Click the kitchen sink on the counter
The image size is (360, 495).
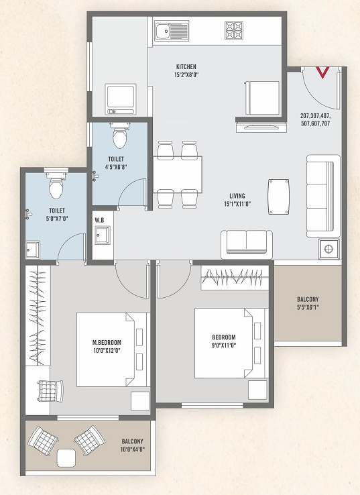pyautogui.click(x=172, y=31)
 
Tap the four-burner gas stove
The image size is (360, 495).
pyautogui.click(x=234, y=30)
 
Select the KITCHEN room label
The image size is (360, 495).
pyautogui.click(x=186, y=67)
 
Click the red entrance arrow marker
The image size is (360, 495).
pyautogui.click(x=322, y=72)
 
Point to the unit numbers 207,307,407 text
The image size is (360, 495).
pyautogui.click(x=316, y=115)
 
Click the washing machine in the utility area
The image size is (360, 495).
pyautogui.click(x=121, y=99)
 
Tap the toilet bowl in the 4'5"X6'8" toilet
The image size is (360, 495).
pyautogui.click(x=119, y=135)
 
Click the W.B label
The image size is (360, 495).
pyautogui.click(x=99, y=220)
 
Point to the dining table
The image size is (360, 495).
pyautogui.click(x=178, y=174)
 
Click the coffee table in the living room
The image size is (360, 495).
pyautogui.click(x=279, y=197)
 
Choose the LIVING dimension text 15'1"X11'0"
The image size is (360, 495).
pyautogui.click(x=237, y=204)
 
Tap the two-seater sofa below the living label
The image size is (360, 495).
pyautogui.click(x=247, y=244)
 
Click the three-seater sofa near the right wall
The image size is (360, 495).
pyautogui.click(x=323, y=196)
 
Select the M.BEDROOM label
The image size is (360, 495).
pyautogui.click(x=107, y=342)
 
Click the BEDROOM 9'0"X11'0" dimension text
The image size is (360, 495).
pyautogui.click(x=224, y=345)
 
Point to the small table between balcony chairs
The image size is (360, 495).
pyautogui.click(x=66, y=458)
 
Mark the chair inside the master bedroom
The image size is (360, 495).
pyautogui.click(x=50, y=391)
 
